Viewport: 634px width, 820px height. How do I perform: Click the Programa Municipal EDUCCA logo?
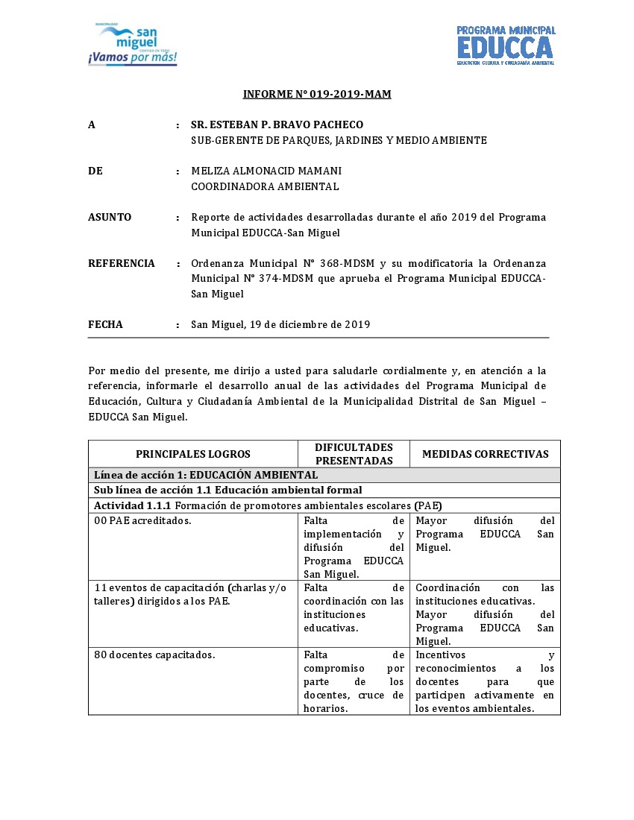tap(506, 45)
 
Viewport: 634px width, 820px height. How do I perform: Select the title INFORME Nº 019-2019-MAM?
tap(317, 94)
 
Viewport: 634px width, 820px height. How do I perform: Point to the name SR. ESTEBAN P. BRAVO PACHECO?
tap(277, 124)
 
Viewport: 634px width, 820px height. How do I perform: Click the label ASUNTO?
tap(110, 217)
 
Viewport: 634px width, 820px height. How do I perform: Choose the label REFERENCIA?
tap(122, 263)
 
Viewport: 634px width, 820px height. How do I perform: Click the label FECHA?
tap(105, 324)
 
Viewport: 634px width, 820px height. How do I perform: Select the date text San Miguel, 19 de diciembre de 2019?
tap(280, 324)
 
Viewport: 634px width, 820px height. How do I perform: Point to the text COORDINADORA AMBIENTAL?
tap(265, 186)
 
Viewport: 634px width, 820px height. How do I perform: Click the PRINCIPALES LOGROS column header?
tap(193, 454)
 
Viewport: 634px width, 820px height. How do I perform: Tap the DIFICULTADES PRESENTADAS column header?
tap(354, 454)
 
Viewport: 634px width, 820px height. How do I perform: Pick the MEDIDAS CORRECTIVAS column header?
tap(485, 454)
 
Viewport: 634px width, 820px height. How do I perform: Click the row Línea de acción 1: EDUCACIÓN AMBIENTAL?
tap(206, 475)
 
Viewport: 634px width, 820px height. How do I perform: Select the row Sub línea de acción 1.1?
tap(227, 490)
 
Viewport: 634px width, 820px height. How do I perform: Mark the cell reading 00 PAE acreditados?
tap(143, 520)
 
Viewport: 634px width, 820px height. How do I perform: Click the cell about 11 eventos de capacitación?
tap(190, 594)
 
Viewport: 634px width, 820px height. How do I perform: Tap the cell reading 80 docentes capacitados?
tap(154, 655)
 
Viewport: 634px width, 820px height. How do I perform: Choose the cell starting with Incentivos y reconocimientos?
tap(485, 681)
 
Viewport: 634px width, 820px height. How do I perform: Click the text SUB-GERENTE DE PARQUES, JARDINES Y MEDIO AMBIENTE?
tap(339, 140)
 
